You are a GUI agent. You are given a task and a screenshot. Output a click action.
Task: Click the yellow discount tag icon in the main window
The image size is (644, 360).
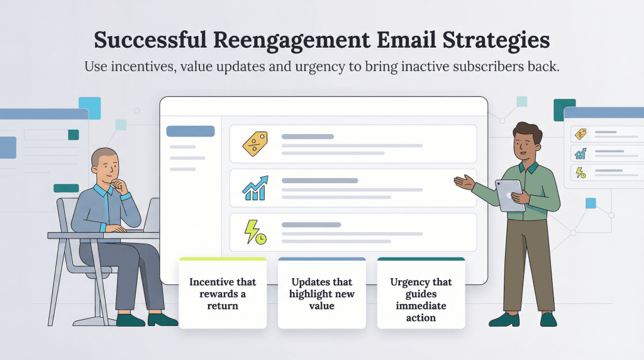pyautogui.click(x=255, y=144)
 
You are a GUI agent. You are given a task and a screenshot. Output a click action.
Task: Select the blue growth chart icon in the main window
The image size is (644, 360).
pyautogui.click(x=255, y=188)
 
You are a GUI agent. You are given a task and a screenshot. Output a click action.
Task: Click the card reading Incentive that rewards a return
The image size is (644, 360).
pyautogui.click(x=223, y=293)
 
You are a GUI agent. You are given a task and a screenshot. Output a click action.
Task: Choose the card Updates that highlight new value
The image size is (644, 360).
pyautogui.click(x=321, y=293)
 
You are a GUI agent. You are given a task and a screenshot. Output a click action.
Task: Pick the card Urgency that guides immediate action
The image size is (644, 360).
pyautogui.click(x=421, y=300)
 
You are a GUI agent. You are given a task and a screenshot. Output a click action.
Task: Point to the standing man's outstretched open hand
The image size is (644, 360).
pyautogui.click(x=464, y=182)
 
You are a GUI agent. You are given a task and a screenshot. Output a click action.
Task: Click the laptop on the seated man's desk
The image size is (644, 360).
pyautogui.click(x=152, y=213)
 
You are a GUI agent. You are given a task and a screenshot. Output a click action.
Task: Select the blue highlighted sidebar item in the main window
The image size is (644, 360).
pyautogui.click(x=190, y=132)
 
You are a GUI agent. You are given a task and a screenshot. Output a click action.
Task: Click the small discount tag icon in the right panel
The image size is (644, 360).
pyautogui.click(x=580, y=134)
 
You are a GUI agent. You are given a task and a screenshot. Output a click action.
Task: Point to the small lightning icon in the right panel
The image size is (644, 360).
pyautogui.click(x=580, y=172)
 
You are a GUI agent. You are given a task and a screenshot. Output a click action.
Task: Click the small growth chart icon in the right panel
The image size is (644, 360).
pyautogui.click(x=580, y=153)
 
